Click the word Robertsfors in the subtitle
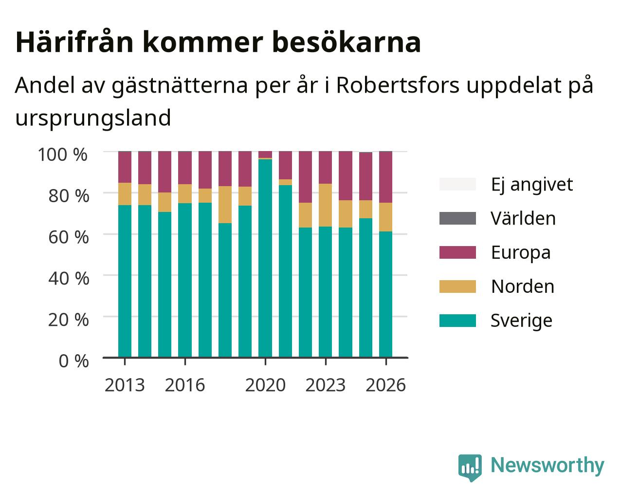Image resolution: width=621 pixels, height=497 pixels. point(398,85)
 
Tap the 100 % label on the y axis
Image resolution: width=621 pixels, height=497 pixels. point(63,154)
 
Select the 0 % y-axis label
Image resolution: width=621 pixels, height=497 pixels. point(73,361)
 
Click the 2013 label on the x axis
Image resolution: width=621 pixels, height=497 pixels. point(125,385)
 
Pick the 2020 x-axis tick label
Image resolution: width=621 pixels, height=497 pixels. point(265,385)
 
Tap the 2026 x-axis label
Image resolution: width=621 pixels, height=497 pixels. point(385,385)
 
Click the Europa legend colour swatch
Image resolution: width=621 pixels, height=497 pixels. point(457,252)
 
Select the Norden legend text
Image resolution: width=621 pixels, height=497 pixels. point(523,287)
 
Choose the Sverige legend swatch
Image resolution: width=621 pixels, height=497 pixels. point(457,321)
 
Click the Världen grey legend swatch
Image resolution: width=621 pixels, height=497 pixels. point(457,218)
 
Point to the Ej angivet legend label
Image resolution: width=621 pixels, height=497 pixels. point(532,185)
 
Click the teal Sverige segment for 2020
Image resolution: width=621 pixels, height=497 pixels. point(265,258)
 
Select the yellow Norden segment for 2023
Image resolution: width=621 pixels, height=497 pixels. point(326,205)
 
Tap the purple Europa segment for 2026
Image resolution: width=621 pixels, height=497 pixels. point(385,177)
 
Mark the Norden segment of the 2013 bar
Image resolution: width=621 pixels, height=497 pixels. point(125,194)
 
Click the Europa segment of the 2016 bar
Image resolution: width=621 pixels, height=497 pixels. point(185,168)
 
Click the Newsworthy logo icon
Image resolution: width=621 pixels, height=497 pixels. point(470,468)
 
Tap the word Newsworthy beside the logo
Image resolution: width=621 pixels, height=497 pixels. point(548,466)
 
